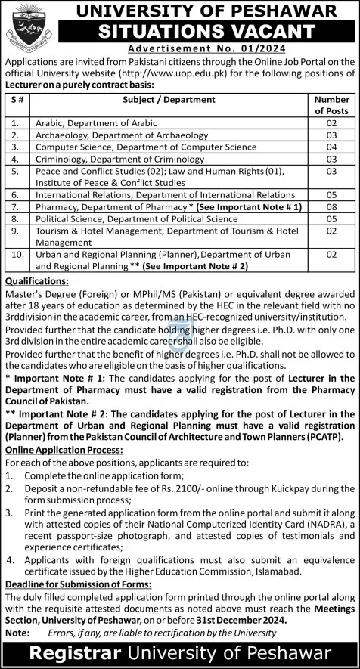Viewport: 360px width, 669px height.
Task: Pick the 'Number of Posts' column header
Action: (331, 104)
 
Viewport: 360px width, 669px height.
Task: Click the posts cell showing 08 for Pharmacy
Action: (331, 206)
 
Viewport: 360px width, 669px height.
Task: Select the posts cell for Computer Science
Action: (331, 147)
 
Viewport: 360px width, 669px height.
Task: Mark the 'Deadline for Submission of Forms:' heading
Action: (81, 584)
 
